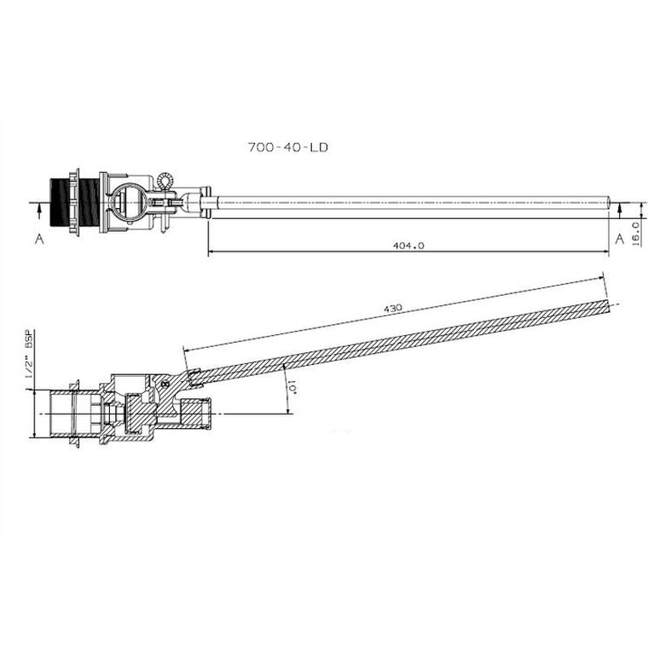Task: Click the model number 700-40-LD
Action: point(287,148)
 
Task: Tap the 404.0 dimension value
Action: point(408,246)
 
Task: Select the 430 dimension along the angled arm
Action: point(392,309)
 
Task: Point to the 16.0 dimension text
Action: point(636,234)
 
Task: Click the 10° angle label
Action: point(292,389)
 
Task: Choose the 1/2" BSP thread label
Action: point(30,353)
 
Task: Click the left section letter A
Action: point(39,239)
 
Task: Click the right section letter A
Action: point(620,239)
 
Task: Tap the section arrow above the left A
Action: point(39,211)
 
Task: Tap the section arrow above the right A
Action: point(619,211)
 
